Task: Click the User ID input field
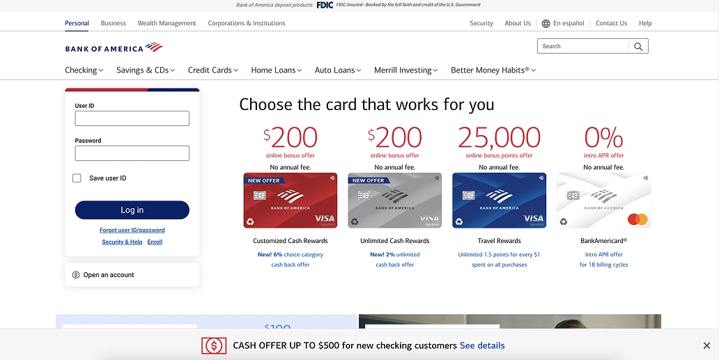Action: click(x=132, y=118)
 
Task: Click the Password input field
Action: click(x=132, y=153)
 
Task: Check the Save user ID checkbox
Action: click(x=77, y=178)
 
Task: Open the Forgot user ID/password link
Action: click(x=132, y=230)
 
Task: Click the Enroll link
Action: click(x=155, y=242)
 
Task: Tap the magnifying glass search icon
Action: click(x=638, y=47)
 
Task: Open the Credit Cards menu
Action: click(x=212, y=70)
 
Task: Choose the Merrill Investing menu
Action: click(x=405, y=70)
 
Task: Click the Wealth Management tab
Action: click(x=167, y=23)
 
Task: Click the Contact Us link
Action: click(x=611, y=23)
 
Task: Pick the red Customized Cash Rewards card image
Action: click(x=291, y=201)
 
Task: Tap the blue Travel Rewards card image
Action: click(x=500, y=201)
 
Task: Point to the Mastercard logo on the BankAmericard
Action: click(x=637, y=219)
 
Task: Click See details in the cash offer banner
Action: click(x=482, y=345)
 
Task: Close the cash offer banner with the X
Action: click(x=706, y=345)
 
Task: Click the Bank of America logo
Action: click(x=114, y=48)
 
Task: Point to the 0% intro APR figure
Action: click(x=603, y=137)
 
